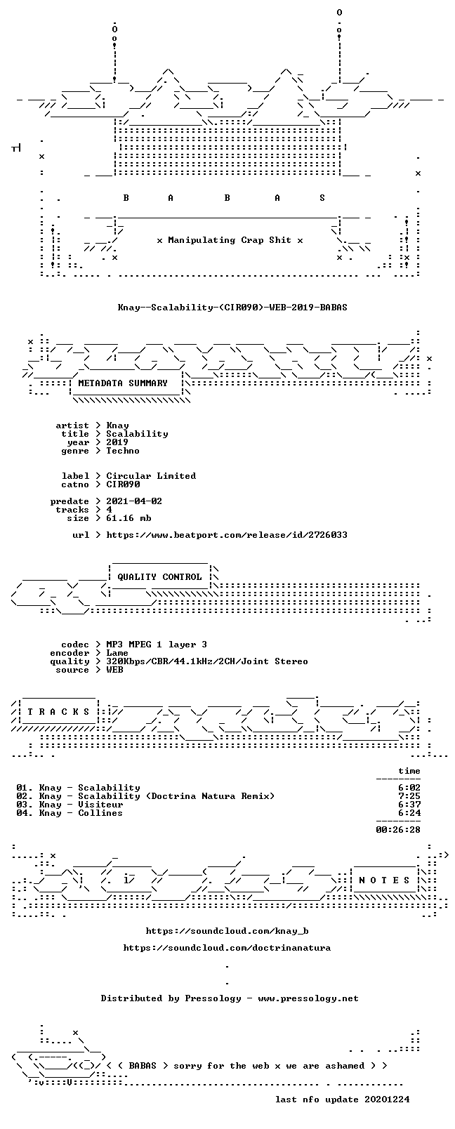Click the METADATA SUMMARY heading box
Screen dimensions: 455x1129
123,383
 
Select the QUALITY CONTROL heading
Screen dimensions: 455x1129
159,577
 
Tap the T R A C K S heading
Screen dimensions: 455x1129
58,712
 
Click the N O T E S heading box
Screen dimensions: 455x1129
385,880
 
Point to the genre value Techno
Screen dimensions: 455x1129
122,451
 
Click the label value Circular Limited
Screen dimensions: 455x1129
151,476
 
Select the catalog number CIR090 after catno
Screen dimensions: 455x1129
123,484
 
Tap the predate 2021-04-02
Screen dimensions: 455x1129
134,501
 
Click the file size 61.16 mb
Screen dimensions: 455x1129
128,518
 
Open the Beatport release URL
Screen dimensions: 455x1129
227,535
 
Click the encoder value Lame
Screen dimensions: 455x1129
117,653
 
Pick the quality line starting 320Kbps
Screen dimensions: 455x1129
206,661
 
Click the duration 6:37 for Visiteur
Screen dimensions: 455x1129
409,805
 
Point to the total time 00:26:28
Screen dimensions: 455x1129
398,830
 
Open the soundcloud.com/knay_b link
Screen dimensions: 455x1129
227,931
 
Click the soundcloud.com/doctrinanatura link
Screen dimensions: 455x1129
227,948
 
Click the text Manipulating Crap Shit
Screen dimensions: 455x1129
230,240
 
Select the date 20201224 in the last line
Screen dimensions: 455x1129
387,1100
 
